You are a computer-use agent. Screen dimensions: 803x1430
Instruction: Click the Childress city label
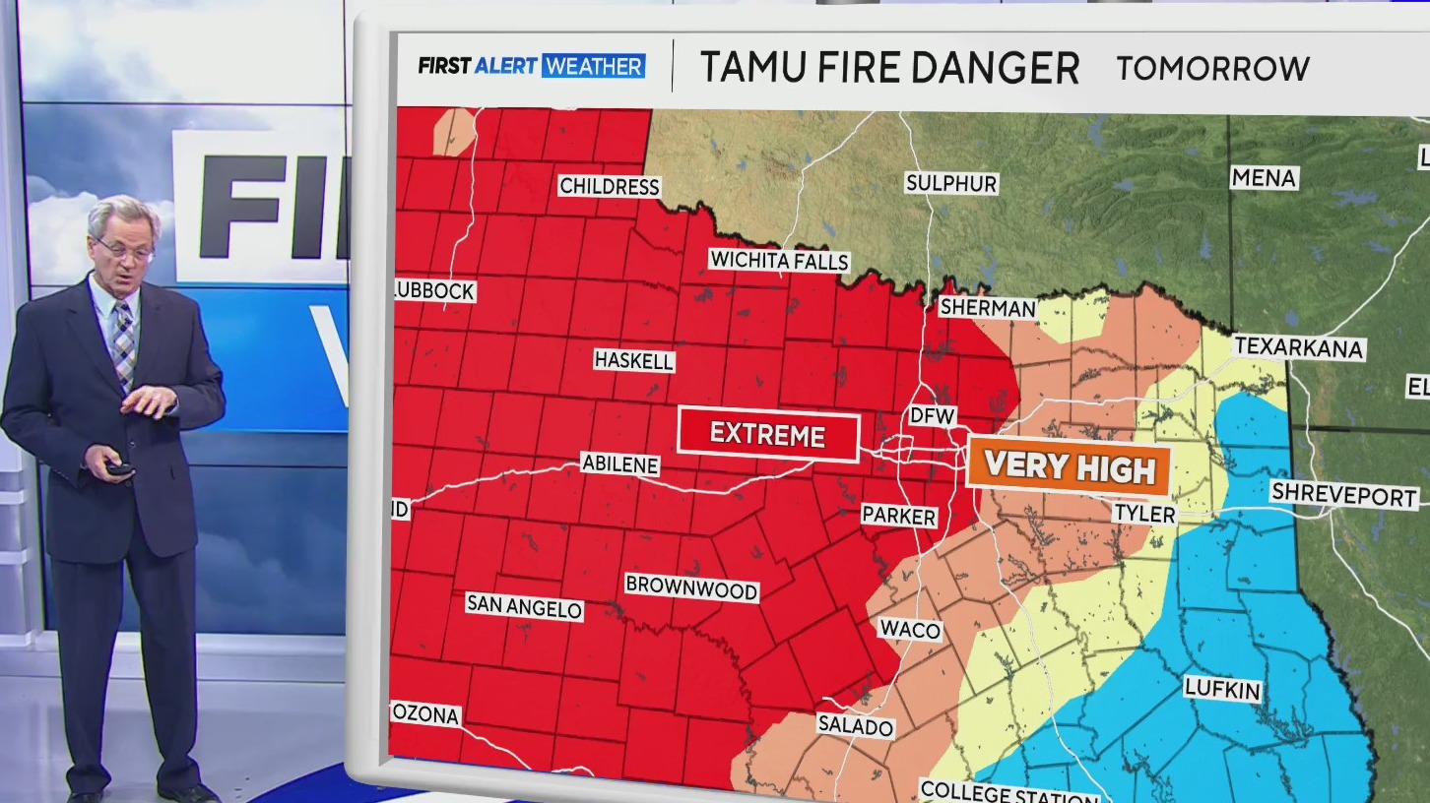tap(609, 186)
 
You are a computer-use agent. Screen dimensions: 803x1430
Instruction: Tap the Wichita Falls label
tap(779, 261)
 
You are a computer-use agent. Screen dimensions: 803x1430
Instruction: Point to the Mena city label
tap(1264, 178)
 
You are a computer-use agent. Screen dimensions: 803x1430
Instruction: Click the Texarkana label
tap(1298, 347)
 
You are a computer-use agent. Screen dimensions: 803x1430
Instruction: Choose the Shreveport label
tap(1343, 494)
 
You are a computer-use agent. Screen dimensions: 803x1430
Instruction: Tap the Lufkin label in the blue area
tap(1222, 690)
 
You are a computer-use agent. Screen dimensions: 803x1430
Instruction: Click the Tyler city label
tap(1143, 514)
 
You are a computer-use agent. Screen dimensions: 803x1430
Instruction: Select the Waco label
tap(910, 630)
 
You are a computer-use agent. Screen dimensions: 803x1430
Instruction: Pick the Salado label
tap(855, 727)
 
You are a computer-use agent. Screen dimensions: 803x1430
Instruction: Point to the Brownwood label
tap(692, 588)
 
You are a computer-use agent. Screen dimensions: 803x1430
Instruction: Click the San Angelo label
tap(524, 606)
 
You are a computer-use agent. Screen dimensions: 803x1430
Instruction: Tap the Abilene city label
tap(619, 463)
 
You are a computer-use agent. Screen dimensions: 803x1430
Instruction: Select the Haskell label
tap(634, 361)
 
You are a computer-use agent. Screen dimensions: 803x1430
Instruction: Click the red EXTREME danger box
tap(768, 435)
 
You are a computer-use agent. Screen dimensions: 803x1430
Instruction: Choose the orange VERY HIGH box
tap(1069, 466)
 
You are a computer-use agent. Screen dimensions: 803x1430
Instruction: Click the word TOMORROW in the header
tap(1212, 68)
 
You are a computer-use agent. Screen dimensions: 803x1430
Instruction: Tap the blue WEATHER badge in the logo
tap(593, 66)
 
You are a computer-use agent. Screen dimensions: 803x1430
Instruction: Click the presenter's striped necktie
tap(123, 344)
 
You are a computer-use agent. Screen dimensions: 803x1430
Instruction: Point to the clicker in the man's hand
tap(119, 468)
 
